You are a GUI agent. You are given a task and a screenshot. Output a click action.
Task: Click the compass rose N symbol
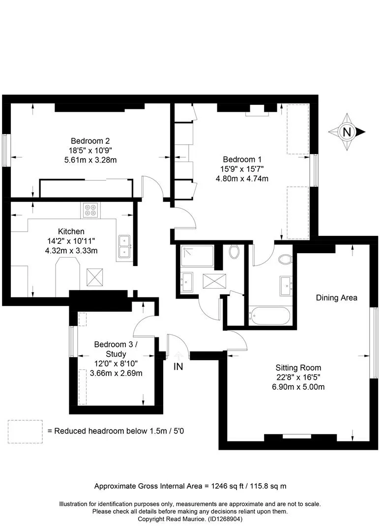coord(347,132)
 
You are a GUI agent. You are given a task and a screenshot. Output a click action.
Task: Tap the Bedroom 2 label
coord(90,141)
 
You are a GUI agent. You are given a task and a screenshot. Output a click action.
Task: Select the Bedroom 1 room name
coord(242,160)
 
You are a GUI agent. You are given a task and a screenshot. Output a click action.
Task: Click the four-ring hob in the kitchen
coord(90,210)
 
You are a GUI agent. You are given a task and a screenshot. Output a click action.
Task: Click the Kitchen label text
coord(71,232)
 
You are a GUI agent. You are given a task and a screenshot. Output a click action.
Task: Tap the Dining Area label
coord(336,298)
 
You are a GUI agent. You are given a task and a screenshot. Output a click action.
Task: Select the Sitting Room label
coord(298,368)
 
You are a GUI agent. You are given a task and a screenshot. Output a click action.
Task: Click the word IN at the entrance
coord(178,366)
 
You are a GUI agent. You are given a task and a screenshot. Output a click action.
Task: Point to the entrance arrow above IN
coord(178,356)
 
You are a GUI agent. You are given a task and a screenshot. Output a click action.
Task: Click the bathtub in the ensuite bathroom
coord(269,316)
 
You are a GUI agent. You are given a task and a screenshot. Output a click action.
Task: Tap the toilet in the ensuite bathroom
coord(285,259)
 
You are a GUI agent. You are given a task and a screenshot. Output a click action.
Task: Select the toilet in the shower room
coord(234,252)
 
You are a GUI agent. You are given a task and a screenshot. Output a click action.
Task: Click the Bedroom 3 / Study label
coord(116,349)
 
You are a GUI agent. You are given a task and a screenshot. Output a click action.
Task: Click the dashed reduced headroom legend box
coord(25,432)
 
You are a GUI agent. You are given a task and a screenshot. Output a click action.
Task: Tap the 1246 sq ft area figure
coord(228,486)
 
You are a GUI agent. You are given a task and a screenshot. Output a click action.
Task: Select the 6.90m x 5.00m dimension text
coord(298,387)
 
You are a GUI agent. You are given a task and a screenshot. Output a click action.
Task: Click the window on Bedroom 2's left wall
coord(5,150)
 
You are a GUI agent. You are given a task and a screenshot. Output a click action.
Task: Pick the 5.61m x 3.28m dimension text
coord(90,160)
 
